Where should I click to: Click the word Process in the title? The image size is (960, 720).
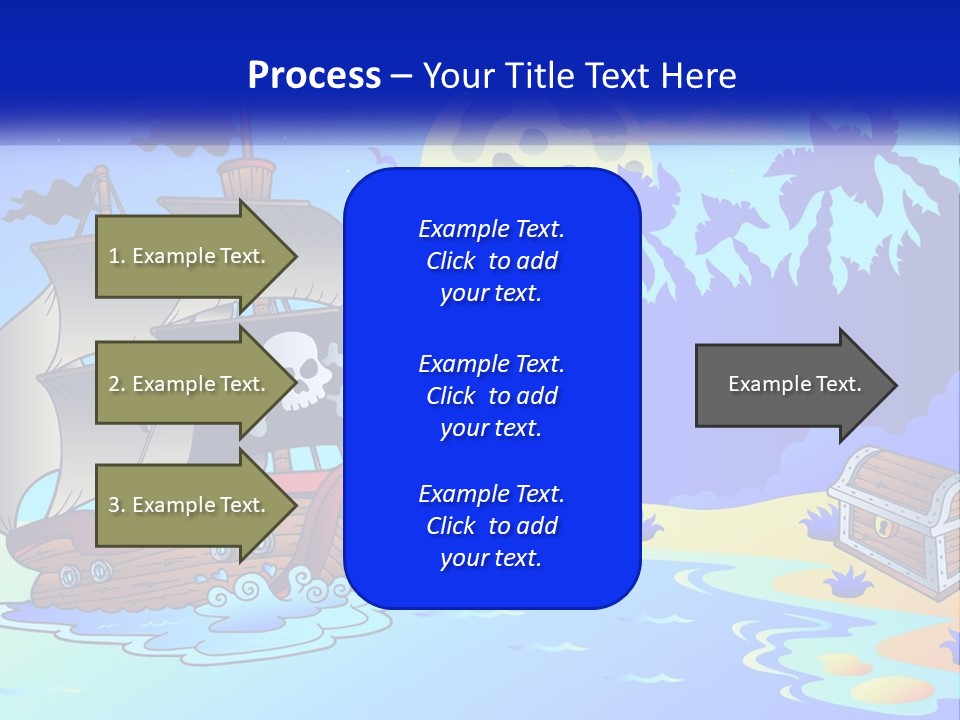coord(313,76)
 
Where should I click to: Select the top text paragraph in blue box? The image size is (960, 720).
coord(491,261)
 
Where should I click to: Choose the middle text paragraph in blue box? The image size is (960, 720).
coord(491,395)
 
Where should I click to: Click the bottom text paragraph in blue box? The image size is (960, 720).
coord(491,526)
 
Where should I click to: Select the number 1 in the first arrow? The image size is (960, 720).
coord(113,257)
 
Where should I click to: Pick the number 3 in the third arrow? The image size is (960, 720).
coord(113,506)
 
